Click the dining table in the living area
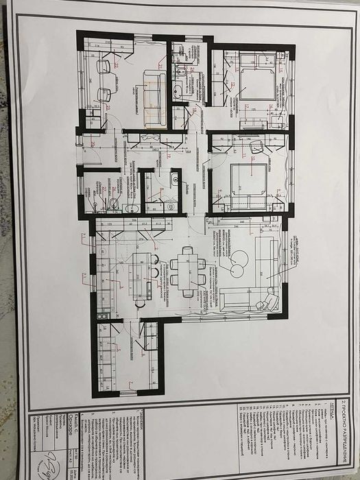(x=187, y=269)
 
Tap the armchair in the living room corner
(x=272, y=301)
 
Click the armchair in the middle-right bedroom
(x=257, y=146)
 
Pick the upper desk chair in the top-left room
(x=104, y=67)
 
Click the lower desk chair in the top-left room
(x=104, y=94)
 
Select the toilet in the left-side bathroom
(x=114, y=203)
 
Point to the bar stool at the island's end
(x=140, y=302)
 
